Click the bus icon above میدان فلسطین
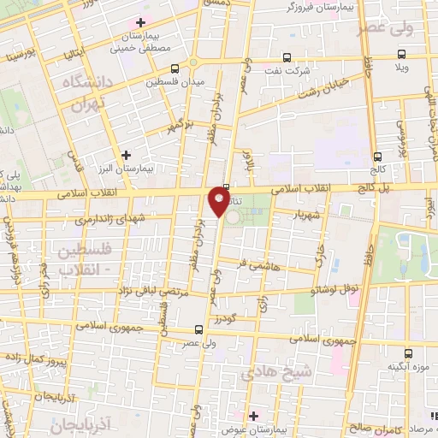click(175, 68)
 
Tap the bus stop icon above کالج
click(377, 157)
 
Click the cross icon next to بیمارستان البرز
click(127, 155)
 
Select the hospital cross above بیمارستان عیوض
click(253, 415)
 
